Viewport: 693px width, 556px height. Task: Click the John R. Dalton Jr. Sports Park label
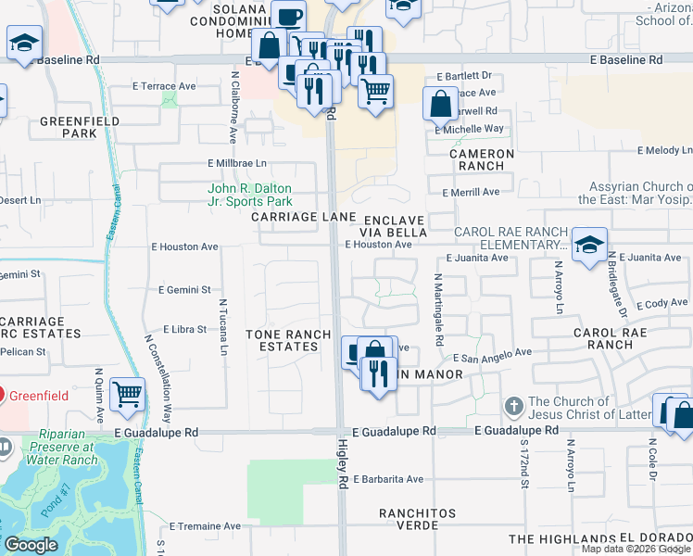(249, 195)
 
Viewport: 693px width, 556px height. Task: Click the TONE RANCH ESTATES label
(282, 339)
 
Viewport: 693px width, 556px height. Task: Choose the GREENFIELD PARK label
(67, 127)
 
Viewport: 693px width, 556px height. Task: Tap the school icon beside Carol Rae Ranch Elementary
(589, 246)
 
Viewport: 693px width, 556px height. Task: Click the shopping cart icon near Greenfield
(127, 394)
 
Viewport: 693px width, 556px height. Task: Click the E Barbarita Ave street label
(388, 479)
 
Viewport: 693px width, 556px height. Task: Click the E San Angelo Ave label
(491, 353)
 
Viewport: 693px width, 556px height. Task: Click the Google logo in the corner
(31, 545)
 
